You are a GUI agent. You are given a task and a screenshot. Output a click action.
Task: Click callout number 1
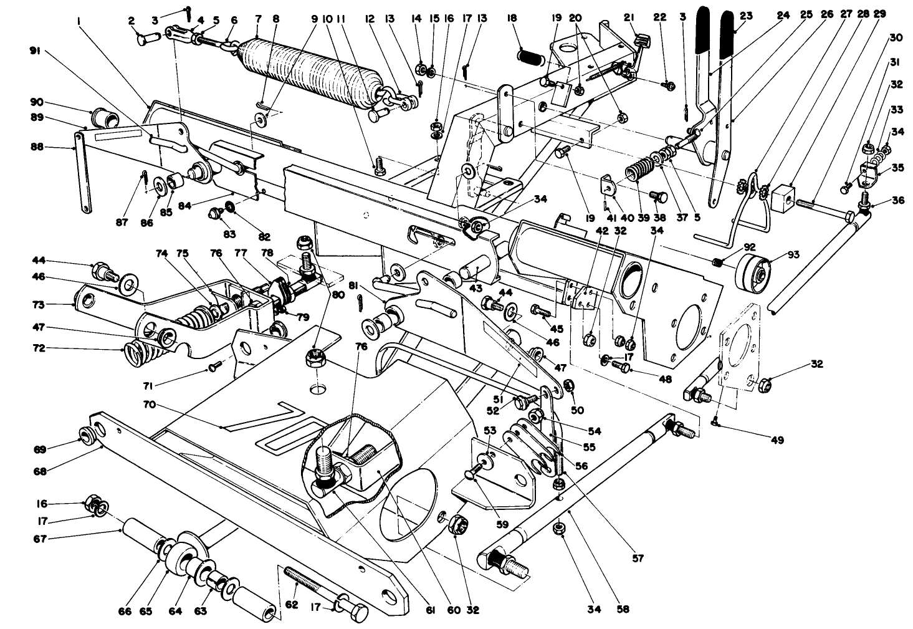[x=80, y=21]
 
